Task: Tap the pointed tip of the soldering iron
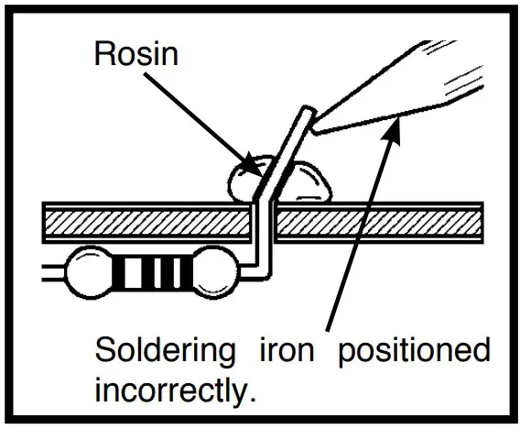(x=316, y=129)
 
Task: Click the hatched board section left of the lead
(x=146, y=223)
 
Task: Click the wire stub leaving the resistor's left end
(x=52, y=271)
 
